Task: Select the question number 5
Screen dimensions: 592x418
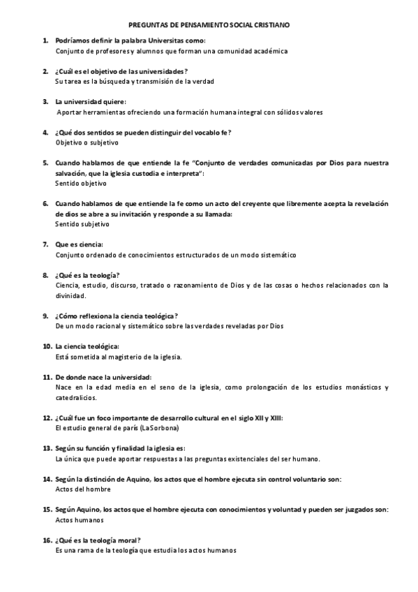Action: tap(45, 163)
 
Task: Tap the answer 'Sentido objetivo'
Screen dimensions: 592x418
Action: tap(81, 184)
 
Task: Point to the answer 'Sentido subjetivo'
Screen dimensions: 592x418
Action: tap(82, 224)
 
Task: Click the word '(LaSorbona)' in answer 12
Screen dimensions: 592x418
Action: tap(159, 427)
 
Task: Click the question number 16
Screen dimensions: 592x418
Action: tap(47, 540)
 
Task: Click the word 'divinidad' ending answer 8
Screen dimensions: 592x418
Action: tap(70, 295)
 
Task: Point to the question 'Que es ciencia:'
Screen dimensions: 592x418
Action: tap(79, 244)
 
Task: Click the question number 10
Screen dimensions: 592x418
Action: tap(47, 346)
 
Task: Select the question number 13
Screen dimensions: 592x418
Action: tap(47, 448)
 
